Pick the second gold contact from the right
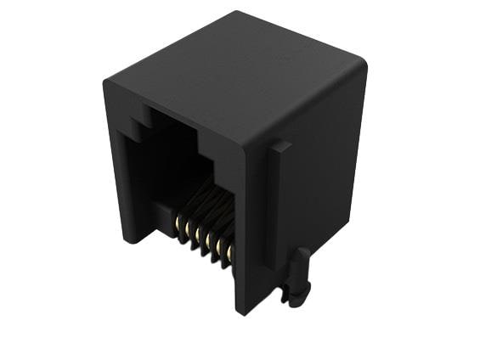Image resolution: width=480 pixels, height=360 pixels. [x=219, y=245]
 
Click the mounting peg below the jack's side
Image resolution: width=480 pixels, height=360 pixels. [x=298, y=278]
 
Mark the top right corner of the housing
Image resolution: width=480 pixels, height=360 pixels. [x=364, y=65]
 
